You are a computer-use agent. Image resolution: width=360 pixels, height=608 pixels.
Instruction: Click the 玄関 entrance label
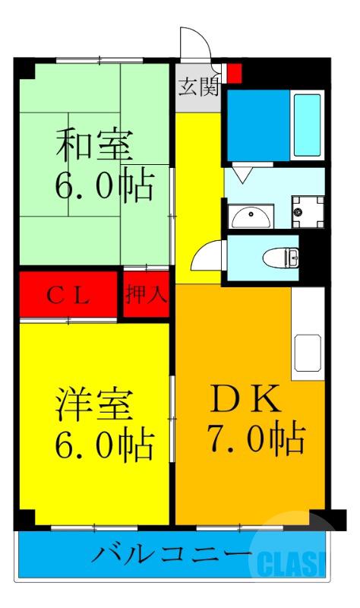pos(198,86)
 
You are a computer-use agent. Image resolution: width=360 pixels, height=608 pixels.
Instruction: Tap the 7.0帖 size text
pos(255,439)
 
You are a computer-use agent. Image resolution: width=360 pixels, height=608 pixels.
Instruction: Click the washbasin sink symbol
pos(251,217)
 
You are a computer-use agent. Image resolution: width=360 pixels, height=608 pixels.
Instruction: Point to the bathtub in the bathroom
pos(308,125)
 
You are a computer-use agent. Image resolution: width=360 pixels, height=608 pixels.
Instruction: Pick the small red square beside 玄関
pos(235,74)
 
